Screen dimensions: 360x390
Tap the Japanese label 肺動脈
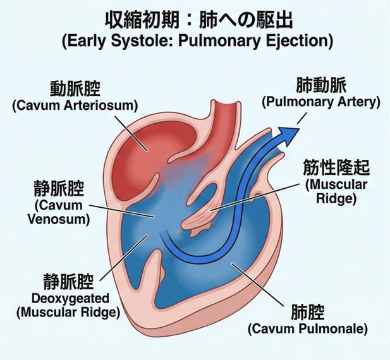321,85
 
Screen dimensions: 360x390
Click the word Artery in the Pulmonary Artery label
358,101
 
